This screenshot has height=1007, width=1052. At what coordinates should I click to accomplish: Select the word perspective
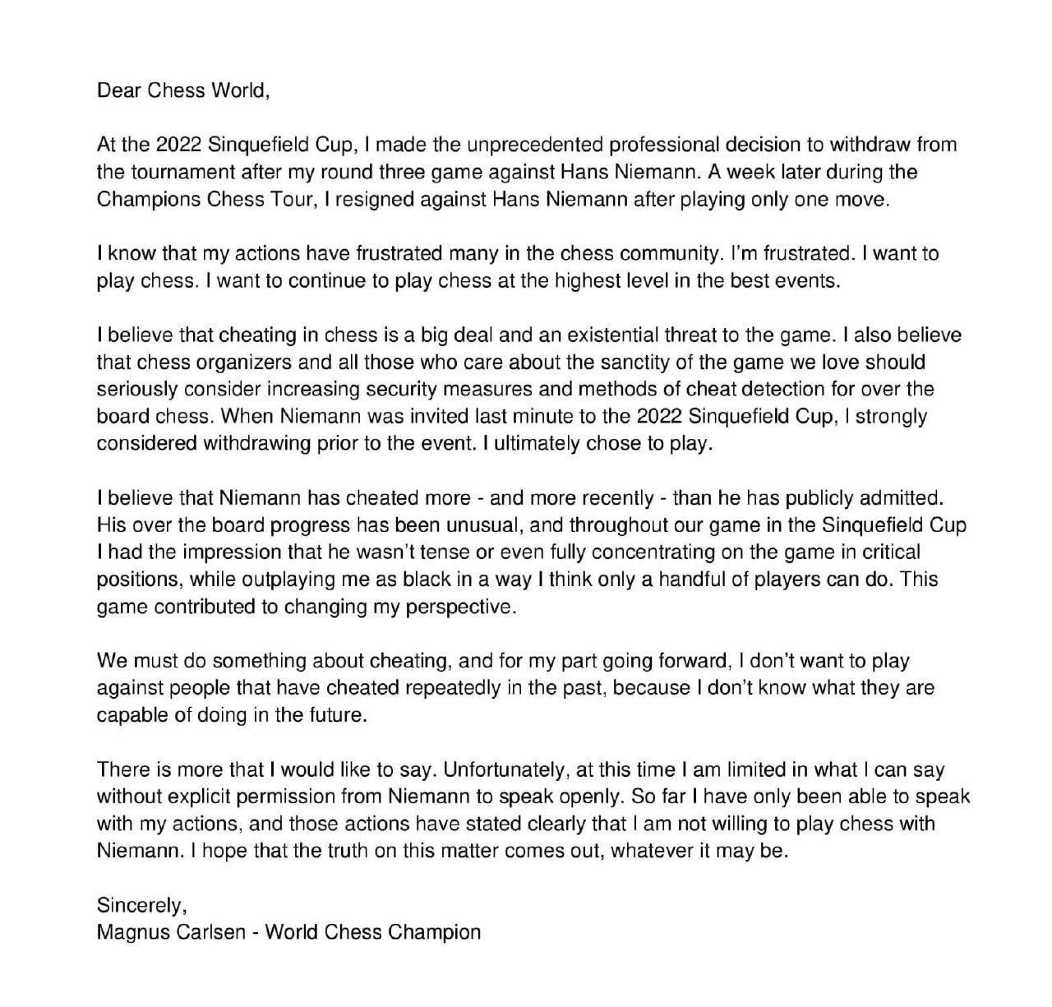click(459, 607)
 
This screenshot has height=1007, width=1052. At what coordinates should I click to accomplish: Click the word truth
click(344, 851)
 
